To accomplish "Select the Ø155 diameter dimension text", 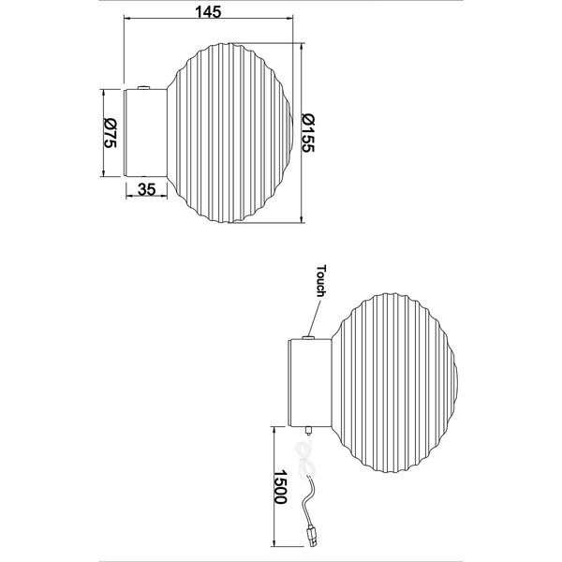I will click(x=310, y=130).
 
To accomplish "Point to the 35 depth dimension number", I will click(x=146, y=190).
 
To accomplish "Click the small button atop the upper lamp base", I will click(x=142, y=86).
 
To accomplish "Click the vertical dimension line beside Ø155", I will click(x=302, y=130).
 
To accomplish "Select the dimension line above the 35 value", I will click(x=146, y=180).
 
